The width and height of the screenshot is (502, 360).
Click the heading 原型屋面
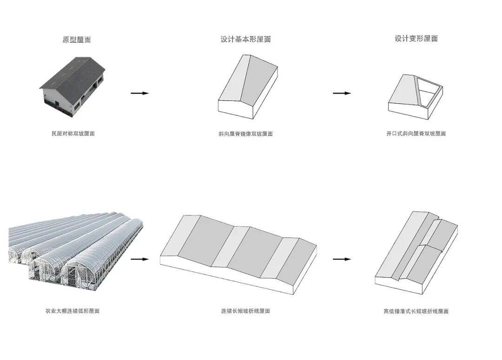pyautogui.click(x=77, y=40)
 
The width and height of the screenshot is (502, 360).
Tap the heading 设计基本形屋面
pyautogui.click(x=245, y=40)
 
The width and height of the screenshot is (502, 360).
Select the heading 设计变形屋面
pyautogui.click(x=416, y=39)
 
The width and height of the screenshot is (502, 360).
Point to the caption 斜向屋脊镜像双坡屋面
pyautogui.click(x=245, y=134)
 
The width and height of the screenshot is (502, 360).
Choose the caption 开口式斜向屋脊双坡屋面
pyautogui.click(x=416, y=133)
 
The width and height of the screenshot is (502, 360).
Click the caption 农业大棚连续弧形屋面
pyautogui.click(x=72, y=311)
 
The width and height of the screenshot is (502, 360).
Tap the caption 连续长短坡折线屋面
pyautogui.click(x=245, y=311)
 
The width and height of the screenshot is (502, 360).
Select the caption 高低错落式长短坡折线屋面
pyautogui.click(x=416, y=311)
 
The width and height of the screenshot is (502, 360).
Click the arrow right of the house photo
pyautogui.click(x=139, y=93)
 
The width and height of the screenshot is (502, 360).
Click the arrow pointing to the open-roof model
pyautogui.click(x=342, y=93)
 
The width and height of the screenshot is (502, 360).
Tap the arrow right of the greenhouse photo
pyautogui.click(x=139, y=259)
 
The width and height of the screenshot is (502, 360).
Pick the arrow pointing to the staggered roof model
pyautogui.click(x=342, y=259)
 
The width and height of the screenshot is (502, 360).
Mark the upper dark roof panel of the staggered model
pyautogui.click(x=442, y=233)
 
